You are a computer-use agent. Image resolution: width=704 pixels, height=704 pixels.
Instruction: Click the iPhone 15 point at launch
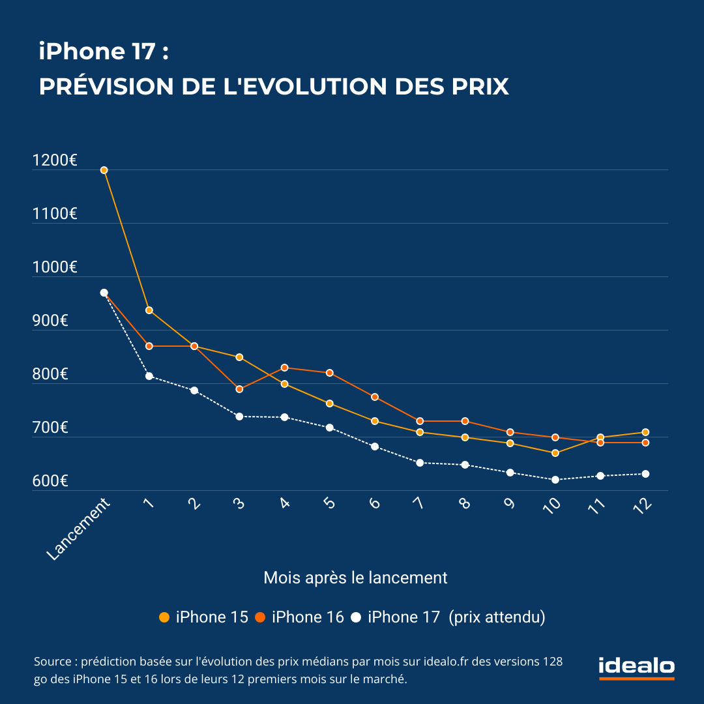(104, 170)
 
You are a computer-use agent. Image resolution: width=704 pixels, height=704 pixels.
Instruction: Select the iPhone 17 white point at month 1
(149, 376)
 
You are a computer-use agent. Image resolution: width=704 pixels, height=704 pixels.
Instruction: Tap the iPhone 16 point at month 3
(239, 389)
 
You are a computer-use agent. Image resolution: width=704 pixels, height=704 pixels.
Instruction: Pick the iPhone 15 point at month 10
(555, 453)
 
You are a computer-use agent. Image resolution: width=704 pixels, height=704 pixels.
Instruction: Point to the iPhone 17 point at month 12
(645, 474)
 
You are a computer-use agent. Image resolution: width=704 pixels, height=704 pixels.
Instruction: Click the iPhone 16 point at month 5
(330, 373)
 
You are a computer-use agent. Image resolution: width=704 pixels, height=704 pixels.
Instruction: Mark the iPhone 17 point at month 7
(420, 463)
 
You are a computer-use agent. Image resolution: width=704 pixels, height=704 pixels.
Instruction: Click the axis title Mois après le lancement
(355, 578)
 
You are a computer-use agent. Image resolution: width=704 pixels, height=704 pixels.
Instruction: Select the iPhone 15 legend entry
(204, 617)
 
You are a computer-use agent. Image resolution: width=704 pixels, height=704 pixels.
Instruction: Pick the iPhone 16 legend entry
(300, 617)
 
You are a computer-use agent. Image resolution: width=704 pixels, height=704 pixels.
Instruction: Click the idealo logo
(636, 667)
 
